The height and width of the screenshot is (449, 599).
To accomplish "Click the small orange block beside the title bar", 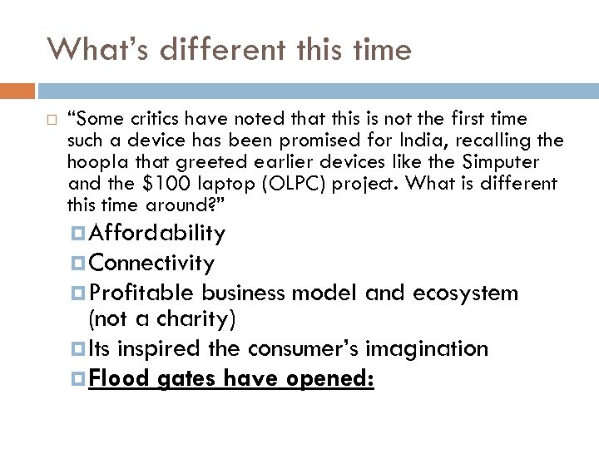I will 17,89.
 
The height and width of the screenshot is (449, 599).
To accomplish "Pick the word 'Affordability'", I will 157,234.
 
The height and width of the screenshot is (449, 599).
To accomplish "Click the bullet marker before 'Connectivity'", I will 82,264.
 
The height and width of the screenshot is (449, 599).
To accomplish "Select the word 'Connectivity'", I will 152,264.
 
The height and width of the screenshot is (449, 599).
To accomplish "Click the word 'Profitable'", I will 141,293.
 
